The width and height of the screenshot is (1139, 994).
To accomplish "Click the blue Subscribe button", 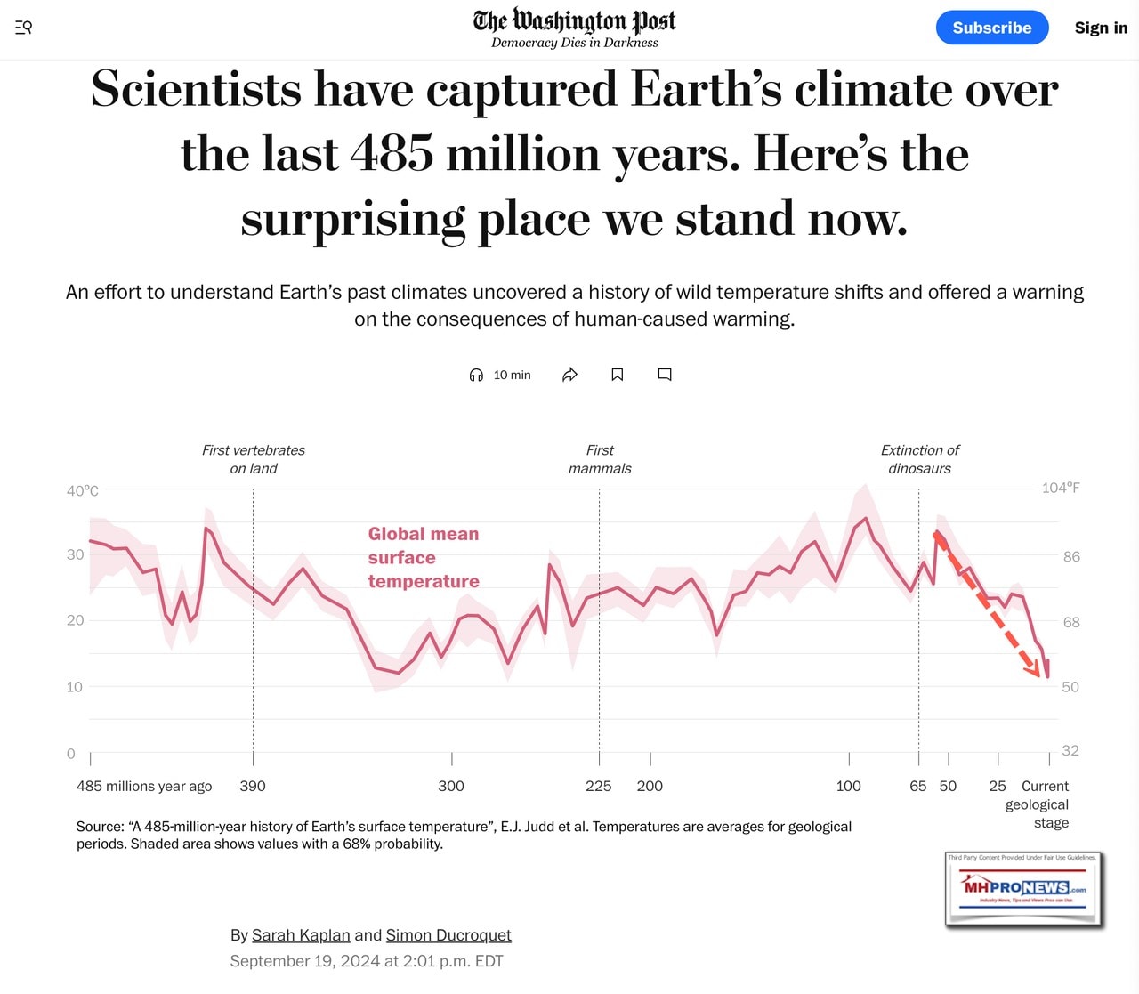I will click(x=991, y=28).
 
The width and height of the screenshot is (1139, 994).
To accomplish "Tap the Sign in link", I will click(x=1101, y=28).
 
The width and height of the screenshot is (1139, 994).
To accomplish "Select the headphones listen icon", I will click(x=476, y=375).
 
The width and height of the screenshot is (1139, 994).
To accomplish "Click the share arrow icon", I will click(x=570, y=375).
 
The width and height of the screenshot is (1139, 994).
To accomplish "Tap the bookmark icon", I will click(x=618, y=375).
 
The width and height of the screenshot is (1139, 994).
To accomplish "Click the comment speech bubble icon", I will click(x=665, y=375).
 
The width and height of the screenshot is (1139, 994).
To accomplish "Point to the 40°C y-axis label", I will click(x=83, y=490).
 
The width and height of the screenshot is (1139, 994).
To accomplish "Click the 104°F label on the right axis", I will click(x=1061, y=488).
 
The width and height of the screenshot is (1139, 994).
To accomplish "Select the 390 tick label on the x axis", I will click(x=253, y=786).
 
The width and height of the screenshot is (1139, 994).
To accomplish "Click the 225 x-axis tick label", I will click(x=599, y=786).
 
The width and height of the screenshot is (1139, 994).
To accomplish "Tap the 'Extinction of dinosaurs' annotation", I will click(x=919, y=459).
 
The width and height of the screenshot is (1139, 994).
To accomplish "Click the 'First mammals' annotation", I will click(x=600, y=459).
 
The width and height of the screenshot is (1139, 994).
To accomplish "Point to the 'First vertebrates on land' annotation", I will click(x=254, y=459).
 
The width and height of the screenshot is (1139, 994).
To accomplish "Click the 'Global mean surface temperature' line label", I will click(x=424, y=557).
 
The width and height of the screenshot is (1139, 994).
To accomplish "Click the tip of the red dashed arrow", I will click(x=1038, y=676).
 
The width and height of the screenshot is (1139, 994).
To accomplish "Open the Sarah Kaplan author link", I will click(x=301, y=935).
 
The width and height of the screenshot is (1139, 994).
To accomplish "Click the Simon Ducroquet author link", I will click(x=448, y=935).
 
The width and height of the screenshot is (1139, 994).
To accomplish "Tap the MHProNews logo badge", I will click(x=1024, y=889).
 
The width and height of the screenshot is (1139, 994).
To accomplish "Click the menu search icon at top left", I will click(x=24, y=28).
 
